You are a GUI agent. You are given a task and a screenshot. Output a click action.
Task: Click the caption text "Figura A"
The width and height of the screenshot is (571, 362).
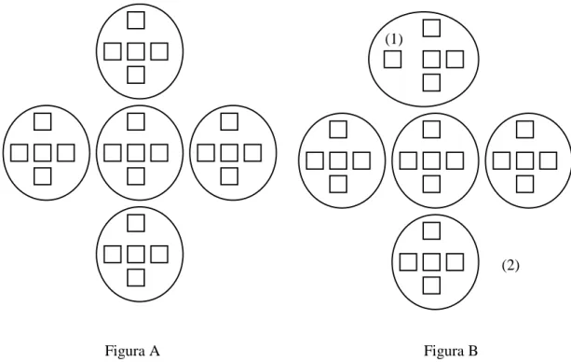132,351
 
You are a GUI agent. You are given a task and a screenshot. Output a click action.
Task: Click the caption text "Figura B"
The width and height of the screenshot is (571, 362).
451,351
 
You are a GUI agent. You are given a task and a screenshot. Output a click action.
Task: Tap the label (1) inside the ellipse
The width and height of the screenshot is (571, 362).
394,39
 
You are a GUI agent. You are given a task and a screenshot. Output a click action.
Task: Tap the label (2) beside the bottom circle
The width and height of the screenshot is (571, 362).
510,265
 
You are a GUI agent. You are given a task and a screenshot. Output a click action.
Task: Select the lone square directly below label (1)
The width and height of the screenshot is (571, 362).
392,60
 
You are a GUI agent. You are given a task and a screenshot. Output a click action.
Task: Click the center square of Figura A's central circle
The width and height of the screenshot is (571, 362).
136,153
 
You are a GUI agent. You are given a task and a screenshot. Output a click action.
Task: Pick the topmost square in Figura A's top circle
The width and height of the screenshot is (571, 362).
136,21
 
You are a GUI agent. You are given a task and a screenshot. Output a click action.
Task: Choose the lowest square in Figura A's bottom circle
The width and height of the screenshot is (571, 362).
136,277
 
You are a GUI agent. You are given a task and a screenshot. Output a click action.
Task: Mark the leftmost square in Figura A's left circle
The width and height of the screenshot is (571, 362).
19,153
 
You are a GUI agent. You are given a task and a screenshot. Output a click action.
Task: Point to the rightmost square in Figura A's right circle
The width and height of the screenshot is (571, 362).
252,153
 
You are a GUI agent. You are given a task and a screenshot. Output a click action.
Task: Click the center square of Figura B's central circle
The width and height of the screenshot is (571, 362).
431,160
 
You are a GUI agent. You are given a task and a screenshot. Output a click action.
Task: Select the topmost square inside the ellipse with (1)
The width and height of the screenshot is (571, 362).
431,28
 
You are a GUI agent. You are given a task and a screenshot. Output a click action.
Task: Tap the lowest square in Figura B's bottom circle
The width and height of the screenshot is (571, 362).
431,285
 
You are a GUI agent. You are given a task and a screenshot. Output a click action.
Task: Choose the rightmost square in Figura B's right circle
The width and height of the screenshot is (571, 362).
549,160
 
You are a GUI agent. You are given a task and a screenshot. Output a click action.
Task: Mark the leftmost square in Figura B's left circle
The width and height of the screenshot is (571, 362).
315,160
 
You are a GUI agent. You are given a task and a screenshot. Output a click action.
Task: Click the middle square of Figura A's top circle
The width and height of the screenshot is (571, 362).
136,51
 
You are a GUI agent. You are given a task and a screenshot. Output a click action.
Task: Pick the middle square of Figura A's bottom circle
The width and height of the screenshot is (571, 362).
136,255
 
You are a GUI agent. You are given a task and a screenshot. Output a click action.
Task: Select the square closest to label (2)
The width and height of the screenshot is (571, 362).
455,262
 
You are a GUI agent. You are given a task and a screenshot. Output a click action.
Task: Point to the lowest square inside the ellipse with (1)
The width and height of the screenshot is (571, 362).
431,82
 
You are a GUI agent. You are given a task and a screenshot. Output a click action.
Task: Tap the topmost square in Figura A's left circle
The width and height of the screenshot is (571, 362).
42,121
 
